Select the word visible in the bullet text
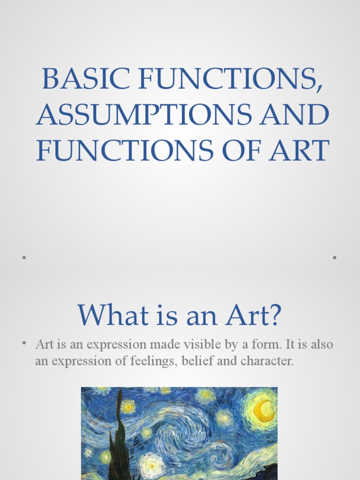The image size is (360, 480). [214, 345]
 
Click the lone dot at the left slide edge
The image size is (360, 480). [23, 257]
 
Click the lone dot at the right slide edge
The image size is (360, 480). [335, 257]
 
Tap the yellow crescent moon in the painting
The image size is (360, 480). [262, 410]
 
